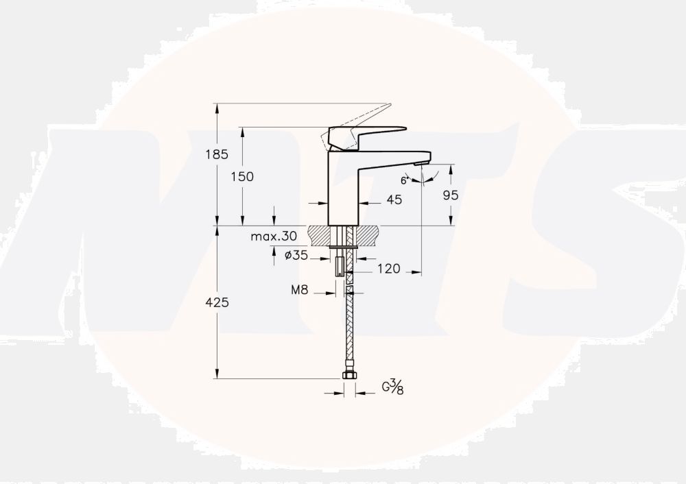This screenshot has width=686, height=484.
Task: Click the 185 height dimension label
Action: pyautogui.click(x=217, y=154)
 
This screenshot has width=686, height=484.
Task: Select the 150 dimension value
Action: pyautogui.click(x=242, y=176)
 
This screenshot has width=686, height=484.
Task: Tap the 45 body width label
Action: pyautogui.click(x=394, y=199)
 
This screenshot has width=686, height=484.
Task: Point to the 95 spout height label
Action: pyautogui.click(x=450, y=195)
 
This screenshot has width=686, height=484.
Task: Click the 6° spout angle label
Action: pyautogui.click(x=404, y=180)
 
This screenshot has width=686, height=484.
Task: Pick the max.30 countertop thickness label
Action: pyautogui.click(x=274, y=237)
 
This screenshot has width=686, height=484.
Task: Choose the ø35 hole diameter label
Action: pyautogui.click(x=296, y=255)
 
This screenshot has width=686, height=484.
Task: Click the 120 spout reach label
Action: pyautogui.click(x=389, y=269)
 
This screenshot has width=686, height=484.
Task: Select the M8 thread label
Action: pyautogui.click(x=300, y=289)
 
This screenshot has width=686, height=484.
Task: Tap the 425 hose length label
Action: pyautogui.click(x=217, y=302)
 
